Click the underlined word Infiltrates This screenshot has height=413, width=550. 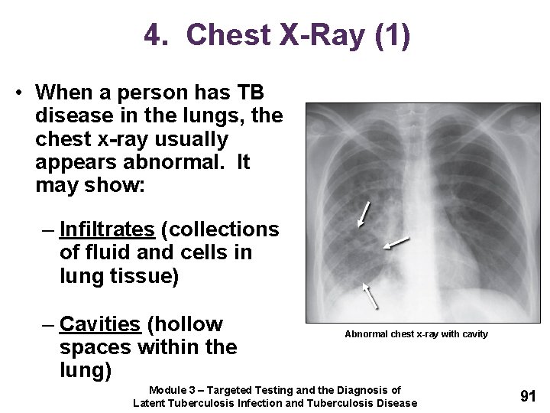[x=107, y=229]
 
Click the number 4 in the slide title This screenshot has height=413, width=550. [x=153, y=35]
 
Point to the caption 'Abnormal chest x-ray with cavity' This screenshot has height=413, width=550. [x=416, y=334]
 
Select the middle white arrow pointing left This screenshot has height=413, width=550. [x=396, y=243]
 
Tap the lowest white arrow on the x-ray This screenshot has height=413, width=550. [x=370, y=296]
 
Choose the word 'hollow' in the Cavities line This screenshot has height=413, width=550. [x=186, y=324]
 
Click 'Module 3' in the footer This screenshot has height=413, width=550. [x=176, y=391]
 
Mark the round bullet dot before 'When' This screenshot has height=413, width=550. [x=17, y=93]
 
